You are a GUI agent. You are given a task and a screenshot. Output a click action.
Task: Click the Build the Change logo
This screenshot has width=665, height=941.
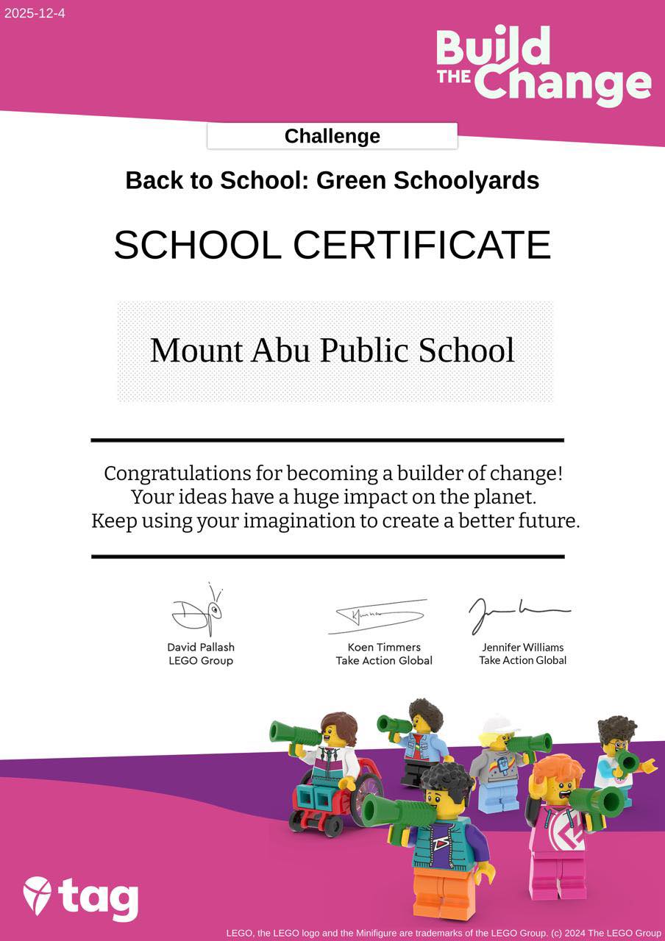(x=543, y=65)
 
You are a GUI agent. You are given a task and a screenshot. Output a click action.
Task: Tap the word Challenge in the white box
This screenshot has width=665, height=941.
(x=332, y=136)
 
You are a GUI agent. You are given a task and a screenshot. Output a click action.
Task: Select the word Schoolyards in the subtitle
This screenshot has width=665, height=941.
(x=467, y=180)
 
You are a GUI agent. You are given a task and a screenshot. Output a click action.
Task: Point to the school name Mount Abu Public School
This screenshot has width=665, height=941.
(x=332, y=351)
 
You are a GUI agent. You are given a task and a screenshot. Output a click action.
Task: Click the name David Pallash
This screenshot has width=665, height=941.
(x=201, y=648)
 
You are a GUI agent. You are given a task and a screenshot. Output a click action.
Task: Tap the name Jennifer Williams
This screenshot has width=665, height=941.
(x=523, y=648)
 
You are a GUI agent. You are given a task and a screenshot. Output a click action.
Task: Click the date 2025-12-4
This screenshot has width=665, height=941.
(x=35, y=13)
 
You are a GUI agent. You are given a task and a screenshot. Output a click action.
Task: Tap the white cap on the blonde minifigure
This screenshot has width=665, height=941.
(x=499, y=724)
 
